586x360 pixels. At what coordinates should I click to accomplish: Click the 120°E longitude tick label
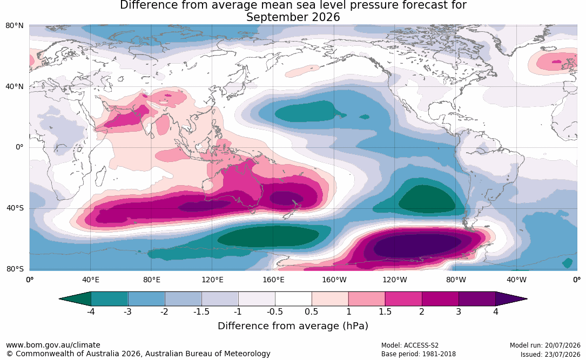click(x=212, y=280)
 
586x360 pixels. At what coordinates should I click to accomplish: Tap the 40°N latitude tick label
click(x=15, y=87)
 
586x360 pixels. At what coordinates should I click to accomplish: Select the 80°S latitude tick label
click(x=15, y=269)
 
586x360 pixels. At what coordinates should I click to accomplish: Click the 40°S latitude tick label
click(x=15, y=208)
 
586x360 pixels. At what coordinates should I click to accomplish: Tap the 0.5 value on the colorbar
click(x=311, y=311)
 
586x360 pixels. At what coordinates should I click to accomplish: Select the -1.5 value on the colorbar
click(x=201, y=311)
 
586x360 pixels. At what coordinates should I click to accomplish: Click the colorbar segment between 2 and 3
click(x=440, y=299)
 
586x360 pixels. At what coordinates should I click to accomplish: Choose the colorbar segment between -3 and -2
click(x=146, y=299)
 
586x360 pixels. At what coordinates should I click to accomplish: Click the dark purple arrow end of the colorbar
click(x=511, y=299)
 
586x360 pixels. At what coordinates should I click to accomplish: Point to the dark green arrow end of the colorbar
click(x=75, y=299)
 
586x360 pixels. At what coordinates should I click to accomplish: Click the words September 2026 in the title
click(x=293, y=17)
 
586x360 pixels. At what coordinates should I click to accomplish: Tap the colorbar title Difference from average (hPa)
click(x=293, y=325)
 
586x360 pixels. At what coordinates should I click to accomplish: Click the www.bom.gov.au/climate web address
click(x=53, y=345)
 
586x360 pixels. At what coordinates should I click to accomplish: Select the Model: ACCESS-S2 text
click(x=410, y=345)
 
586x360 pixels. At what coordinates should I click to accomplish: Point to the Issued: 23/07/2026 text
click(x=550, y=354)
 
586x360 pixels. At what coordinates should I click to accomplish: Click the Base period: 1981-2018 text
click(x=419, y=354)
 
